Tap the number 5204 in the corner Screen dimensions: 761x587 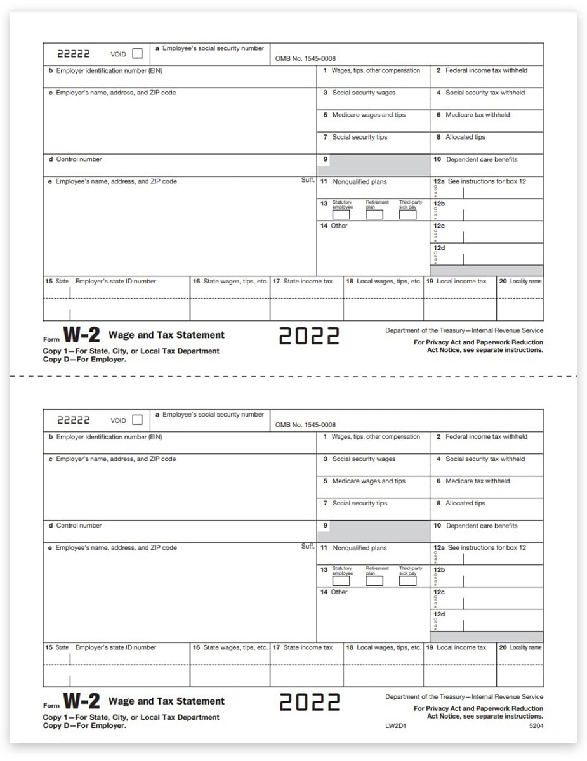536,725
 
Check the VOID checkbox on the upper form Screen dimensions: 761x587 137,54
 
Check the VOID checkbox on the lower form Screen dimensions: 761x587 137,420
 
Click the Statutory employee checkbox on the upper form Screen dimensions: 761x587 341,214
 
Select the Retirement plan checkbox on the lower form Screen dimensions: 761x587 374,580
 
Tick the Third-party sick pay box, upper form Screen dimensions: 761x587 407,214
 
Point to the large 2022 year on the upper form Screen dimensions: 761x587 310,336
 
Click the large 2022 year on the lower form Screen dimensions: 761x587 310,702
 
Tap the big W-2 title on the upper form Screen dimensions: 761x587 82,335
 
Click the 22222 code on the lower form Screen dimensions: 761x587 74,420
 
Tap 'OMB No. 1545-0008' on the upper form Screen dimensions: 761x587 305,58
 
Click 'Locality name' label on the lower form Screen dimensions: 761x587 525,647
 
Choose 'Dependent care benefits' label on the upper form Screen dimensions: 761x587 482,160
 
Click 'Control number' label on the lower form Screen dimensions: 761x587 79,526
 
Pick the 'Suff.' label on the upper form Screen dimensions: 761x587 308,180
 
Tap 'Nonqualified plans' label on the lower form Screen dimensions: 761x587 360,548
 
